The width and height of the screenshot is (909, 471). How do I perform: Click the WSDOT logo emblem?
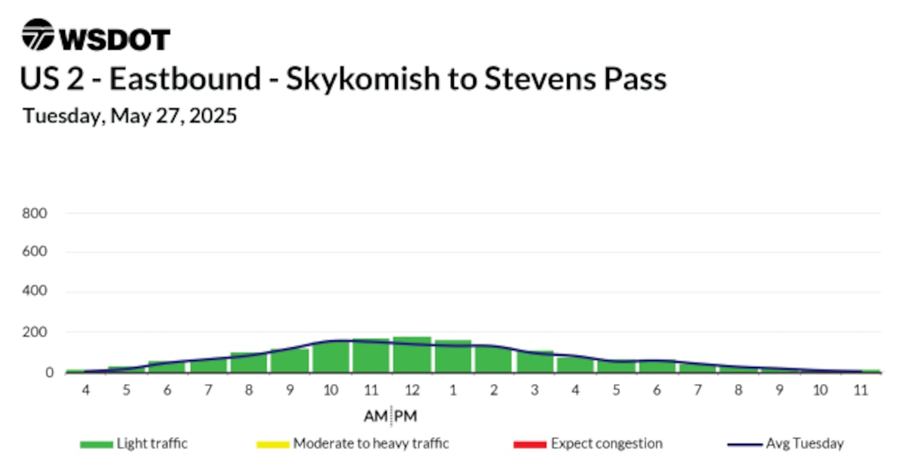click(38, 35)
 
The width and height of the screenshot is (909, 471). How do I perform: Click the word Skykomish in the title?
click(363, 79)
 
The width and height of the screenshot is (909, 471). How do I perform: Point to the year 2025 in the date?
click(213, 116)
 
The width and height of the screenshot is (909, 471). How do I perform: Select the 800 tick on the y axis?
click(35, 213)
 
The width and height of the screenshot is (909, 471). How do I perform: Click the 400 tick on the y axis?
click(35, 291)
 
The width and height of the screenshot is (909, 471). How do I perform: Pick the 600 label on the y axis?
click(35, 252)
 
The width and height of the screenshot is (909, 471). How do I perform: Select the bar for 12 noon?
click(412, 354)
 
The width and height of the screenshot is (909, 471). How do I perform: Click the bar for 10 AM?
click(331, 357)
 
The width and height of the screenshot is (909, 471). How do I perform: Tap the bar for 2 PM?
click(494, 359)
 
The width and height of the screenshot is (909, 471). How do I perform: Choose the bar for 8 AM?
click(249, 363)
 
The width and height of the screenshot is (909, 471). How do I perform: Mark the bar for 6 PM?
click(657, 366)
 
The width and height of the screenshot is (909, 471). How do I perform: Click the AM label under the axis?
click(376, 416)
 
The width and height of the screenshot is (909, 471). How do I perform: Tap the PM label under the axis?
click(405, 416)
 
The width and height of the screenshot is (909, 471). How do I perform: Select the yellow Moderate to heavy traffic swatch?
click(273, 445)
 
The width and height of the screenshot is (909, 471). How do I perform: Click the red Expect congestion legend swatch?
click(530, 445)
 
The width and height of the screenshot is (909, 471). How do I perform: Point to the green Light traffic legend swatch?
click(97, 445)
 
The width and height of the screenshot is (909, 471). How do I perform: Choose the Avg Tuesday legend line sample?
click(745, 445)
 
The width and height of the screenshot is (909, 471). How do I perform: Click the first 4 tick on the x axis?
click(86, 390)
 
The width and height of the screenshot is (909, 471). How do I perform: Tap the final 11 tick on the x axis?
click(861, 390)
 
